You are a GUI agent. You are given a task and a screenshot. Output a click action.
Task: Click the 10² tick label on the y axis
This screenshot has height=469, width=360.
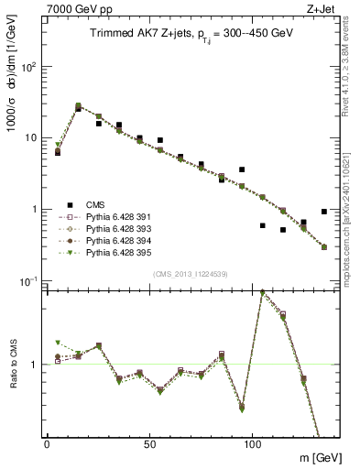[27, 67]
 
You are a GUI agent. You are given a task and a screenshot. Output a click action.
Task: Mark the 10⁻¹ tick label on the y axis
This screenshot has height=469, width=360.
[27, 280]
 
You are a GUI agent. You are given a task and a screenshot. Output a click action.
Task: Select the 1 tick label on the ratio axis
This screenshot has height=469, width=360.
[33, 365]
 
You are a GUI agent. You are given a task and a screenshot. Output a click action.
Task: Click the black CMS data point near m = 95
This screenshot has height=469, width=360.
[242, 169]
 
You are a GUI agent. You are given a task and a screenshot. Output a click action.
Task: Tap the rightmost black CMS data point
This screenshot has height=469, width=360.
[324, 212]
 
